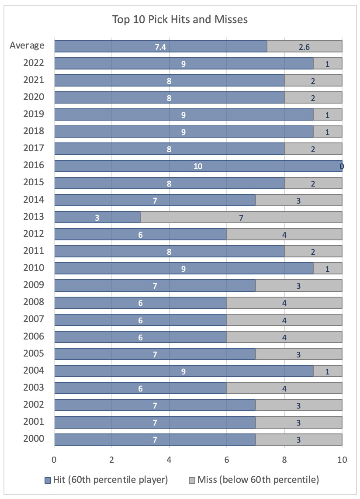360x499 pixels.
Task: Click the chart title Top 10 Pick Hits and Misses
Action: coord(180,20)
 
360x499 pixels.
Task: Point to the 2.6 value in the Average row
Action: coord(305,46)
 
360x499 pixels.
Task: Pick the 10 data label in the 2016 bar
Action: coord(198,166)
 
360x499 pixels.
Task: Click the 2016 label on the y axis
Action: coord(34,166)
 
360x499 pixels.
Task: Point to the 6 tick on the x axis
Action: coord(227,460)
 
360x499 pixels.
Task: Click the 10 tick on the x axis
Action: coord(342,460)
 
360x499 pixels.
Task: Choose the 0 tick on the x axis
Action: coord(54,460)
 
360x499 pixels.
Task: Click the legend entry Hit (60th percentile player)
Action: coord(107,480)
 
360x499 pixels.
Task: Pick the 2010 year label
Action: coord(34,268)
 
